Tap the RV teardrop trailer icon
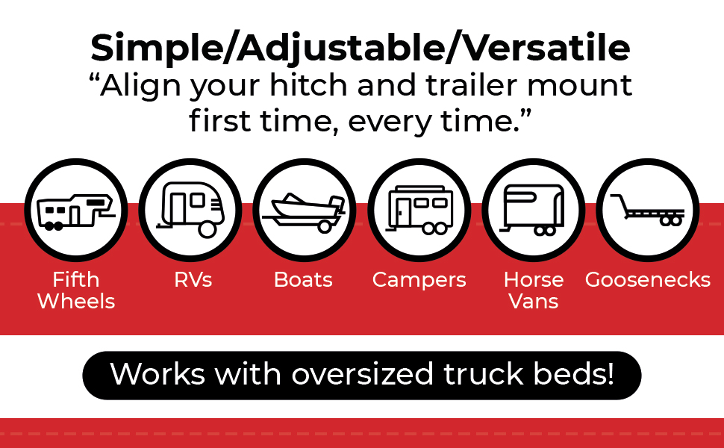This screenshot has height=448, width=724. point(190,210)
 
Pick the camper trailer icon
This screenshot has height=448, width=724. point(418,210)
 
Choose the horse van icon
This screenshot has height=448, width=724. point(533,210)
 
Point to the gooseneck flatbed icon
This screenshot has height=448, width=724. point(647,210)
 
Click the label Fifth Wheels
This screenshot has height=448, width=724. point(76,290)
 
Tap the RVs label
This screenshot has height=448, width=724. point(193,280)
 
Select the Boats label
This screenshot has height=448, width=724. point(303,280)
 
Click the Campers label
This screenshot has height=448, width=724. point(419,280)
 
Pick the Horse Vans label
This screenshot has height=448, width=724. point(534,290)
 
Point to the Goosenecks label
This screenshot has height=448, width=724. point(647,280)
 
